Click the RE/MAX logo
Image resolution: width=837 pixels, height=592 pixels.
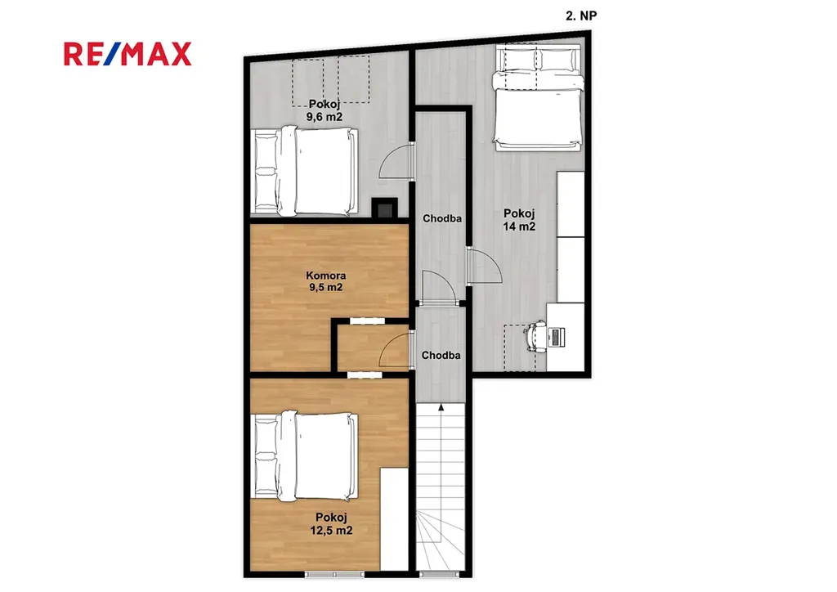pos(128,54)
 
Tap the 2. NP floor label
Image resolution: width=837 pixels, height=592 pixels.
pos(581,16)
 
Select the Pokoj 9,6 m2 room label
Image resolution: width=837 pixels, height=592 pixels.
pos(324,110)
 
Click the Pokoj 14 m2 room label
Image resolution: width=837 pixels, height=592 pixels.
pos(519,220)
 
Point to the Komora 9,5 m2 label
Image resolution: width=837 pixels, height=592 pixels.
pos(325,281)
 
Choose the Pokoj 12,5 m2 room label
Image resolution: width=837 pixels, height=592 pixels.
pos(331,523)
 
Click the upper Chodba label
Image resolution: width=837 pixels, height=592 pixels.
pos(442,218)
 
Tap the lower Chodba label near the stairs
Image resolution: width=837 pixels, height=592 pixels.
pos(441,355)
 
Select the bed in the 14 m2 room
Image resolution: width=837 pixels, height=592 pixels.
pos(538,97)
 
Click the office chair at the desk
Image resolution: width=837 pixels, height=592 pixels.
pos(535,336)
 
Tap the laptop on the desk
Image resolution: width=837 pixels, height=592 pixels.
pos(556,337)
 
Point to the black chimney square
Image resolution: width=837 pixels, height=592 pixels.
pos(384,209)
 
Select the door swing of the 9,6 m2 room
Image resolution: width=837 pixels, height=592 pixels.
pos(395,161)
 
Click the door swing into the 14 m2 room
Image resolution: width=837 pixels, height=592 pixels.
pos(485,265)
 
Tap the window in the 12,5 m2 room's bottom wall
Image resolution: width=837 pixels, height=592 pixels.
pos(334,574)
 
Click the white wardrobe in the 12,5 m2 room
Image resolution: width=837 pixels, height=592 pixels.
pos(394,519)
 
